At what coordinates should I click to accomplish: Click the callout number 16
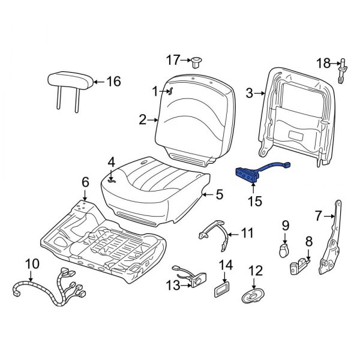[x=114, y=82]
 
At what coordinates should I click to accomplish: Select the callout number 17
[x=173, y=59]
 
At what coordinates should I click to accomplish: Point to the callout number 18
[x=323, y=63]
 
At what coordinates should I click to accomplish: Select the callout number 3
[x=250, y=93]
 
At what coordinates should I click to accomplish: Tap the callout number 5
[x=219, y=194]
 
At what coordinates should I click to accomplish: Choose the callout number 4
[x=111, y=162]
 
